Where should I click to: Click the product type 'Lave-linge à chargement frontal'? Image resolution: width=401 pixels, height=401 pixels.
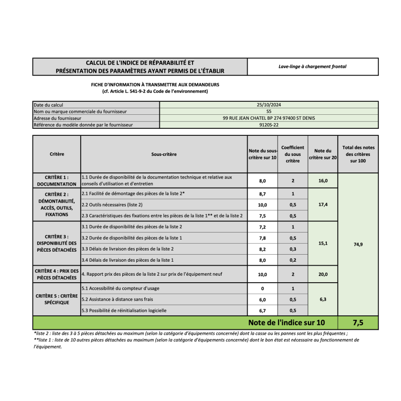pos(312,66)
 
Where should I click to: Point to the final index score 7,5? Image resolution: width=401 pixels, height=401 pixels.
pos(358,322)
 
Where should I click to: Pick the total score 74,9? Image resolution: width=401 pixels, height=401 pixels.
pos(358,244)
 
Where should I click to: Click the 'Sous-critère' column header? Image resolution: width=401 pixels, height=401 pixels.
pos(164,154)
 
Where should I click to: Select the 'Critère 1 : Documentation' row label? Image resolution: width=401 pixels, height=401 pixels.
pos(57,180)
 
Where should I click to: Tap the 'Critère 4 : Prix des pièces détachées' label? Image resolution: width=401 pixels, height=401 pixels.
pos(57,274)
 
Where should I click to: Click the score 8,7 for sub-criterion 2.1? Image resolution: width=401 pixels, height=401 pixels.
pos(262,193)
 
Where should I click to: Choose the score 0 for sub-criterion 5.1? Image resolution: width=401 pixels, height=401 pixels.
pos(262,289)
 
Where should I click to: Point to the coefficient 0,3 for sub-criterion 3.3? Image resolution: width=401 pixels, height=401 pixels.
pos(292,249)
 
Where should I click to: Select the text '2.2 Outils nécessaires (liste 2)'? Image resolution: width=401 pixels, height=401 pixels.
pos(112,205)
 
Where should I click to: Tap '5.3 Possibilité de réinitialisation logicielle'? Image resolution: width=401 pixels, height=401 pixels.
pos(124,310)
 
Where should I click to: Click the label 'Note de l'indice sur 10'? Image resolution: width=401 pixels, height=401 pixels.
pos(287,322)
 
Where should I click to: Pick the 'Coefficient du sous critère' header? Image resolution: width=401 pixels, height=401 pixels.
pos(292,154)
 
